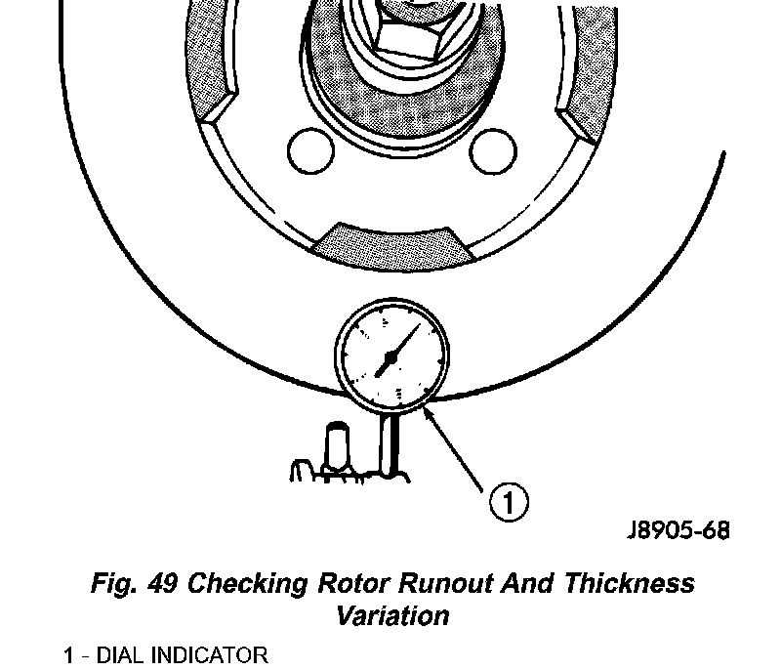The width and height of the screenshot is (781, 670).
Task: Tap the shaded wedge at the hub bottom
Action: coord(394,239)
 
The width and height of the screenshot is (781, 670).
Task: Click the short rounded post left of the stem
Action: coord(338,445)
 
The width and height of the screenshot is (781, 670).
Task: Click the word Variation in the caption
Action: coord(392,616)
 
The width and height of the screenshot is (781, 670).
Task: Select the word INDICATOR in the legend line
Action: coord(211,654)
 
